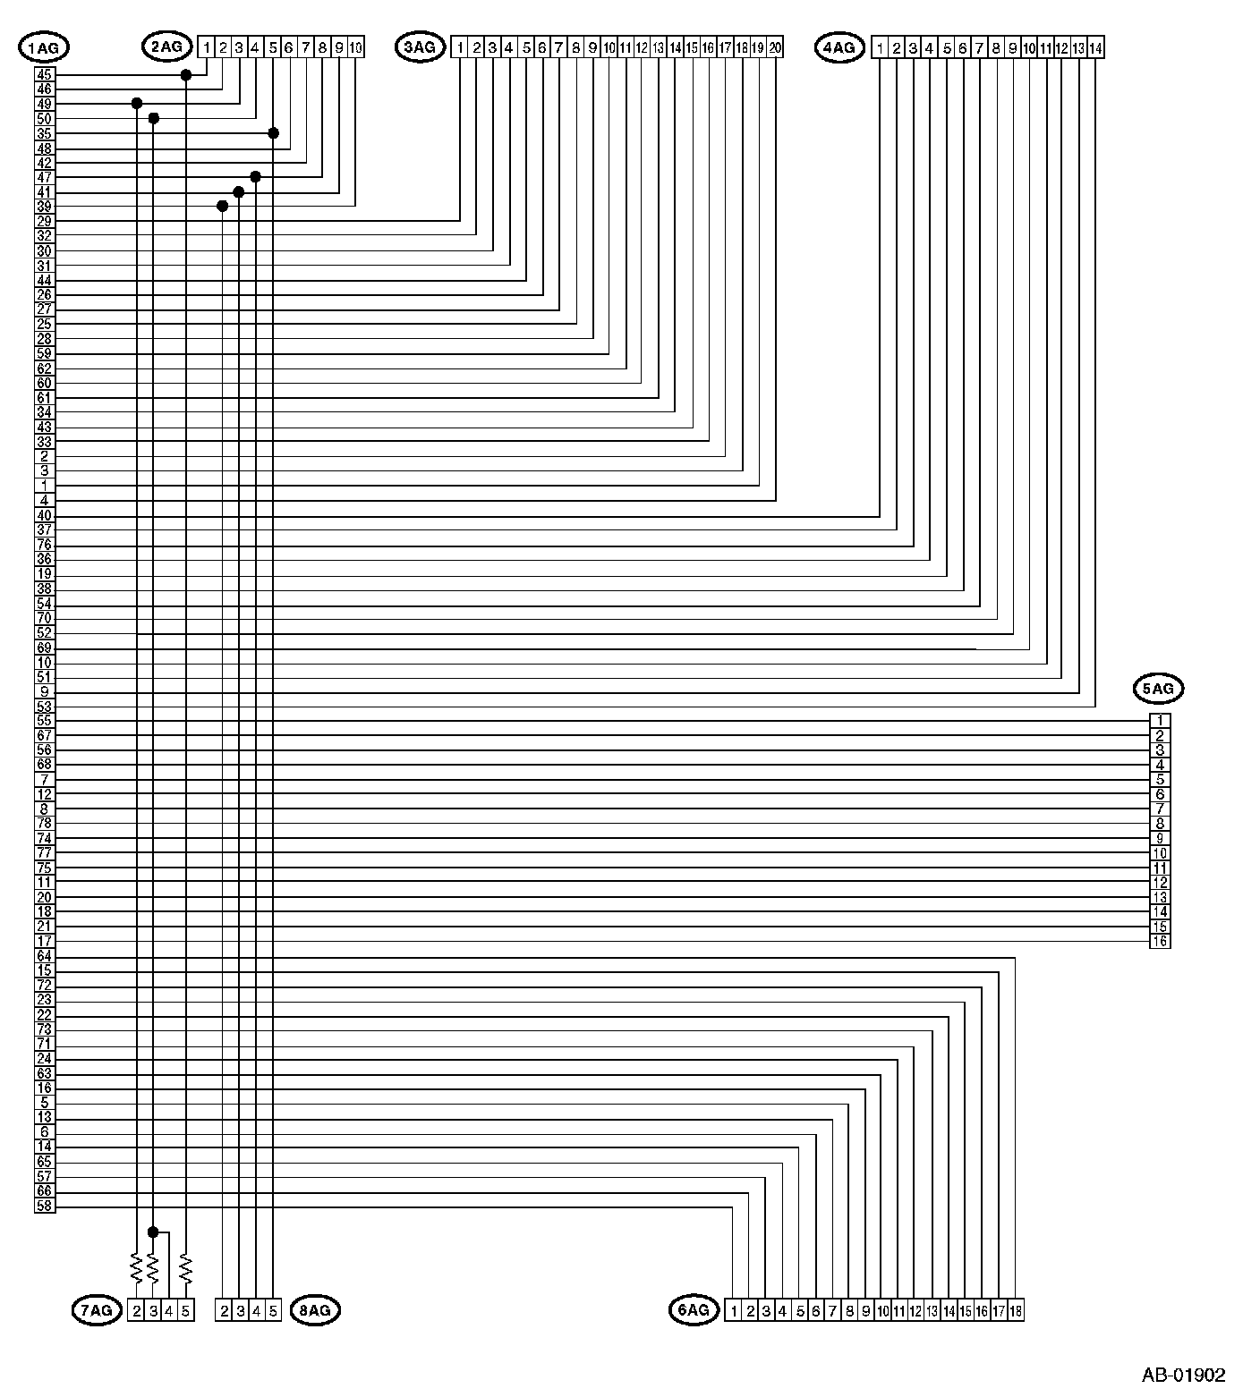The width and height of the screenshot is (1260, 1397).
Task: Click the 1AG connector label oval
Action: pos(43,48)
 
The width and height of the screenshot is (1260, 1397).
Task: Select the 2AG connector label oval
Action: pos(166,47)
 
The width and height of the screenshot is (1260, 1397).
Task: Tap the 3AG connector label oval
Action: pos(420,47)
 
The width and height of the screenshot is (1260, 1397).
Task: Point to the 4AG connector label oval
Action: pos(839,47)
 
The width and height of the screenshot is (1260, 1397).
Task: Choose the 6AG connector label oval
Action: pos(694,1310)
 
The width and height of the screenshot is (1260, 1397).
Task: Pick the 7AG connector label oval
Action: pos(96,1311)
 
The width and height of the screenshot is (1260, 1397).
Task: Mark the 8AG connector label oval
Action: pos(315,1311)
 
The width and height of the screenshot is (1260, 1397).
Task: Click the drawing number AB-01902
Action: pos(1183,1376)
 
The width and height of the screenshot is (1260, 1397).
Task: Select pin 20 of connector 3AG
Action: pos(775,47)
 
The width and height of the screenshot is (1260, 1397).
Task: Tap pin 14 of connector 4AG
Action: pos(1095,47)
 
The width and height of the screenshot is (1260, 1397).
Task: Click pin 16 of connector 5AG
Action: pos(1160,941)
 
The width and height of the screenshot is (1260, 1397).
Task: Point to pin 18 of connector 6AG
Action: pos(1015,1311)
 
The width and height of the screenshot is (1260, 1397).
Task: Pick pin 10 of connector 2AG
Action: pos(355,47)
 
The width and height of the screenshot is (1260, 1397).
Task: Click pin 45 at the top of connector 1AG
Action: pos(45,74)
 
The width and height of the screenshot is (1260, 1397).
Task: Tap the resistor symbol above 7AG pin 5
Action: pos(185,1266)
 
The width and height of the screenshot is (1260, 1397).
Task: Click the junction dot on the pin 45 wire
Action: pos(186,75)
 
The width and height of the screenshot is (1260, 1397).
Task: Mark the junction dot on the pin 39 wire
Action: pos(223,207)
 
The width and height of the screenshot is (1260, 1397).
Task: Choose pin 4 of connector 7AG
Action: pos(169,1311)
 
